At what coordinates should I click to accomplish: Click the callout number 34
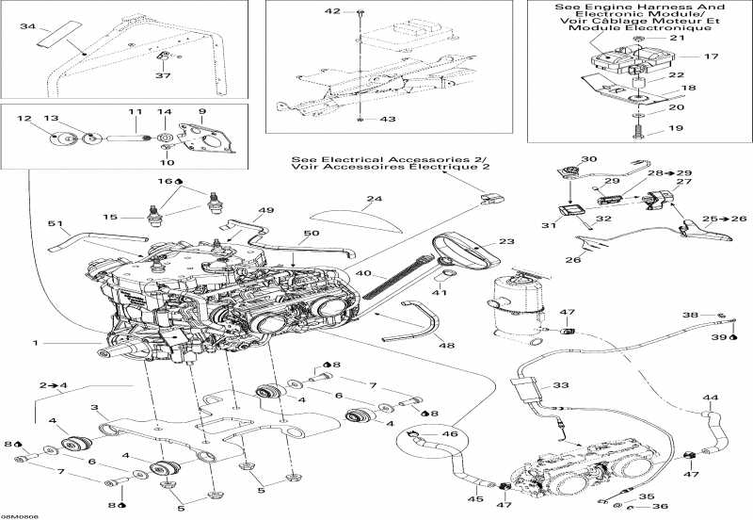click(26, 27)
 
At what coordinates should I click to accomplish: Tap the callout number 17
click(711, 57)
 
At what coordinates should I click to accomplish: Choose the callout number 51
click(55, 223)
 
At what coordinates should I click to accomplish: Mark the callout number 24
click(375, 199)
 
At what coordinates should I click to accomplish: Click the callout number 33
click(561, 385)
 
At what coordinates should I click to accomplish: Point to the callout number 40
click(363, 274)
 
